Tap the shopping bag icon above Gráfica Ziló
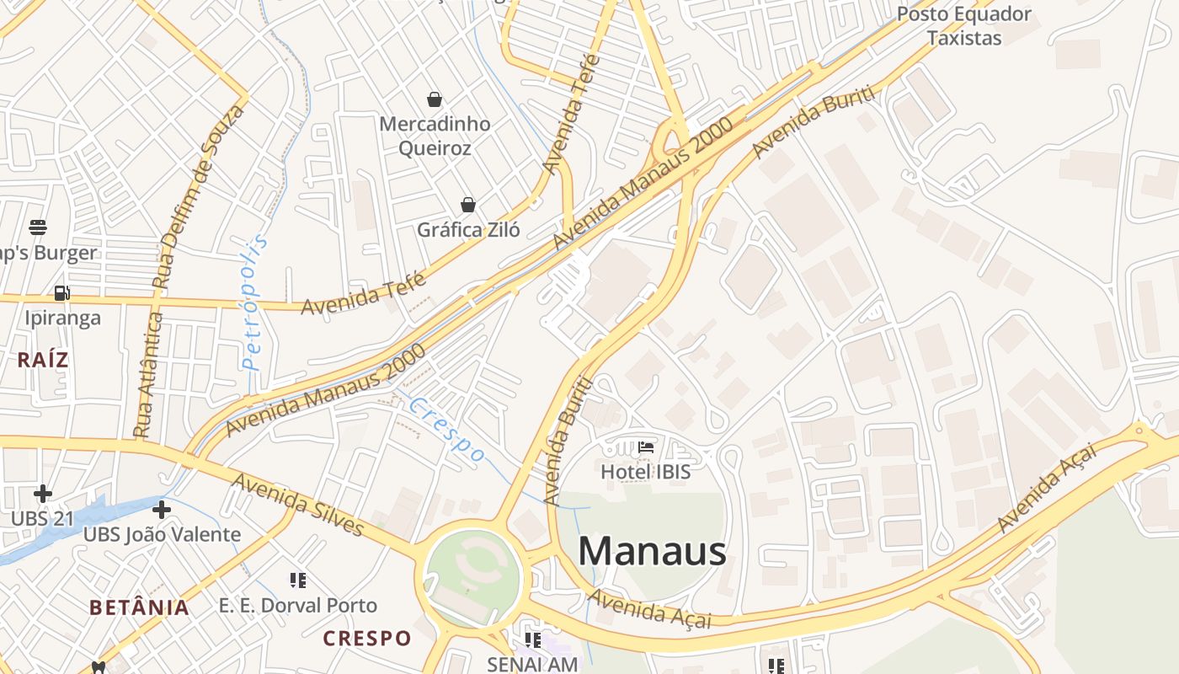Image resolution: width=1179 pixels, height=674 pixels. click(468, 205)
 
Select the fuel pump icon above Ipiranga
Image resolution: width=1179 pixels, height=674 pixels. click(61, 293)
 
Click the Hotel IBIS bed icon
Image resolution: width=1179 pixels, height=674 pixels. click(646, 447)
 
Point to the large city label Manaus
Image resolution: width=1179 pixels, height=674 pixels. click(652, 552)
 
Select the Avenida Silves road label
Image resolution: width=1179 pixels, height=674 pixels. click(298, 504)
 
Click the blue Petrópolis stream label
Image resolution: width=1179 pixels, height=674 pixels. click(254, 303)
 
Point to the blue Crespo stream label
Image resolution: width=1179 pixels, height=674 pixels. click(447, 430)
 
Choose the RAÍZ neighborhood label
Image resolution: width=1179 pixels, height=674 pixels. click(42, 361)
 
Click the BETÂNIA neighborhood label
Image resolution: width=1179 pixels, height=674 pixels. click(139, 607)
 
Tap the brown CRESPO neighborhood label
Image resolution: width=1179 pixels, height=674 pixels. click(367, 639)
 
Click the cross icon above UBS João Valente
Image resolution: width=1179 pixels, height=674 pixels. click(161, 510)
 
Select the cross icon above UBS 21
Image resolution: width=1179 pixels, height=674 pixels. click(43, 493)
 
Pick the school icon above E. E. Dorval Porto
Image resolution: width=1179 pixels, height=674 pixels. click(297, 580)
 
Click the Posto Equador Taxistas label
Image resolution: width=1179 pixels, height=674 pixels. click(964, 26)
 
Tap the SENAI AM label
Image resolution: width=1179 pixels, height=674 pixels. click(532, 664)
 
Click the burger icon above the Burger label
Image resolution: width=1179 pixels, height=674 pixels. click(38, 227)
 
